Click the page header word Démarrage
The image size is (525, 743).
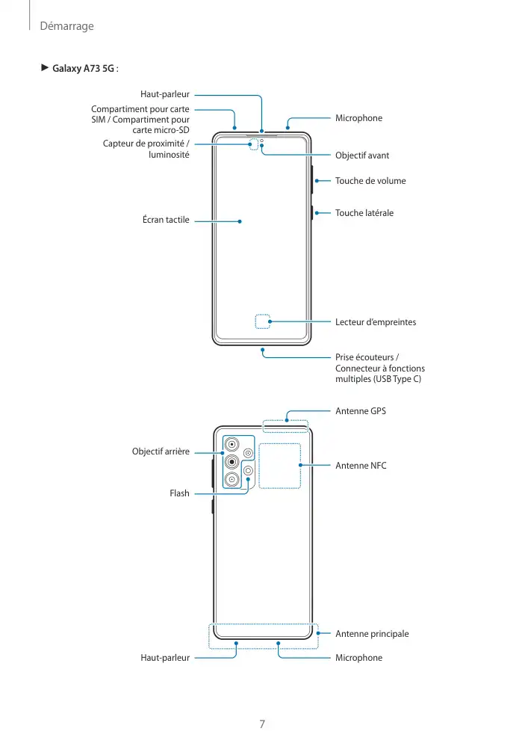pyautogui.click(x=66, y=26)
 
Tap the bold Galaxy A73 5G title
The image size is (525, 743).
pyautogui.click(x=82, y=70)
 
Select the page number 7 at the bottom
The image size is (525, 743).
pyautogui.click(x=262, y=724)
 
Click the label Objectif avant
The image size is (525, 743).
pyautogui.click(x=362, y=155)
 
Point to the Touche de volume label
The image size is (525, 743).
pyautogui.click(x=370, y=181)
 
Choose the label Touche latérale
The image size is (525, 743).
pyautogui.click(x=364, y=213)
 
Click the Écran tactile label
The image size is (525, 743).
pyautogui.click(x=166, y=221)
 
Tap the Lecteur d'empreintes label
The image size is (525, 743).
pyautogui.click(x=376, y=322)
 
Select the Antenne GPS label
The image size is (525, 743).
pyautogui.click(x=361, y=411)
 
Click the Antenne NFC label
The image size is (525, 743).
pyautogui.click(x=361, y=466)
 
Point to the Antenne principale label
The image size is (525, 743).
pyautogui.click(x=372, y=634)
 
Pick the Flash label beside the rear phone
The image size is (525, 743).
pyautogui.click(x=179, y=493)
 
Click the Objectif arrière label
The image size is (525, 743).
pyautogui.click(x=161, y=451)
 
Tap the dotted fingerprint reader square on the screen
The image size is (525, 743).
pyautogui.click(x=262, y=322)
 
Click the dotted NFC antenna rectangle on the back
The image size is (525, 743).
pyautogui.click(x=279, y=466)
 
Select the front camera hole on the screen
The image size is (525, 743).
pyautogui.click(x=262, y=141)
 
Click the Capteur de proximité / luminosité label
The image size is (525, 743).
pyautogui.click(x=146, y=149)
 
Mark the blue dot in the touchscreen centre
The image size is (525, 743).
pyautogui.click(x=240, y=221)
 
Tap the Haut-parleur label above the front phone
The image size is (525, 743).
pyautogui.click(x=165, y=95)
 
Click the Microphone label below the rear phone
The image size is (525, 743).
pyautogui.click(x=358, y=658)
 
